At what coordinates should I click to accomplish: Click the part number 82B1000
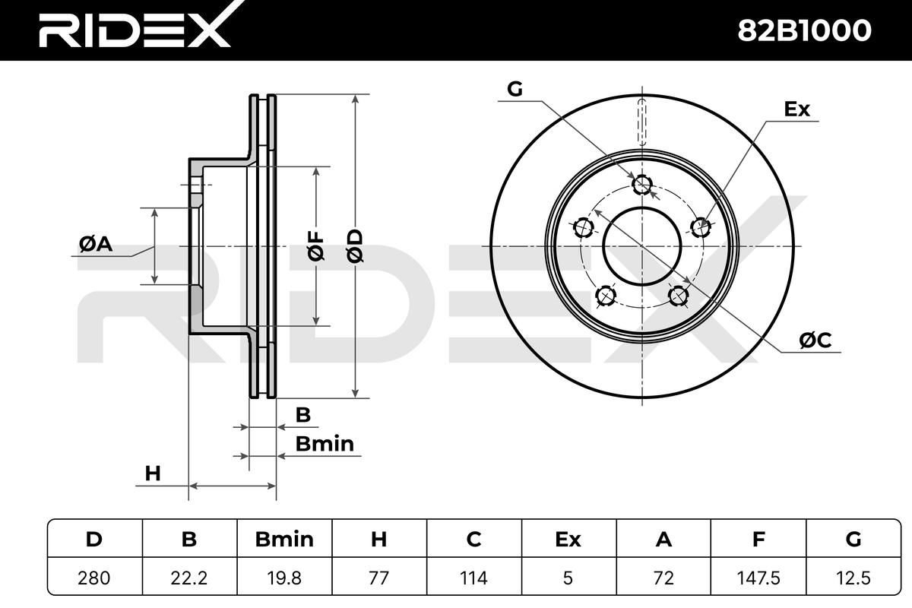point(804,30)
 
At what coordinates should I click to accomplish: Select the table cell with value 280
point(94,578)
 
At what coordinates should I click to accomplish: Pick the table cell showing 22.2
point(189,578)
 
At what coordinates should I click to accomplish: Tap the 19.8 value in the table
point(284,578)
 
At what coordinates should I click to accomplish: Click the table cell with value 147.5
point(758,578)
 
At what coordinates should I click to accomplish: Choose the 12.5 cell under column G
point(853,578)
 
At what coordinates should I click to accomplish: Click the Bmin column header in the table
point(284,539)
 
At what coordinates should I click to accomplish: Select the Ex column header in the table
point(568,539)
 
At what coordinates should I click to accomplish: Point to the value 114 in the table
point(474,578)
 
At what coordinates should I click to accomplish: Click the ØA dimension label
point(96,244)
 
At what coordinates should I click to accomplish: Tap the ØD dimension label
point(355,246)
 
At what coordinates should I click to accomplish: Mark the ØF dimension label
point(316,246)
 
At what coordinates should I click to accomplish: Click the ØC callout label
point(815,340)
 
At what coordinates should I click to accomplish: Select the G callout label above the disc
point(515,89)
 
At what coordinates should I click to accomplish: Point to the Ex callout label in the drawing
point(796,109)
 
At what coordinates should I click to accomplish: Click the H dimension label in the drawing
point(153,473)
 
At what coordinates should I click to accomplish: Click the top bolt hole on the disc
point(642,185)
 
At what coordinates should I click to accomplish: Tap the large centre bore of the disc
point(642,246)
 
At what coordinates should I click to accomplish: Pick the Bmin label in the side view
point(325,444)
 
